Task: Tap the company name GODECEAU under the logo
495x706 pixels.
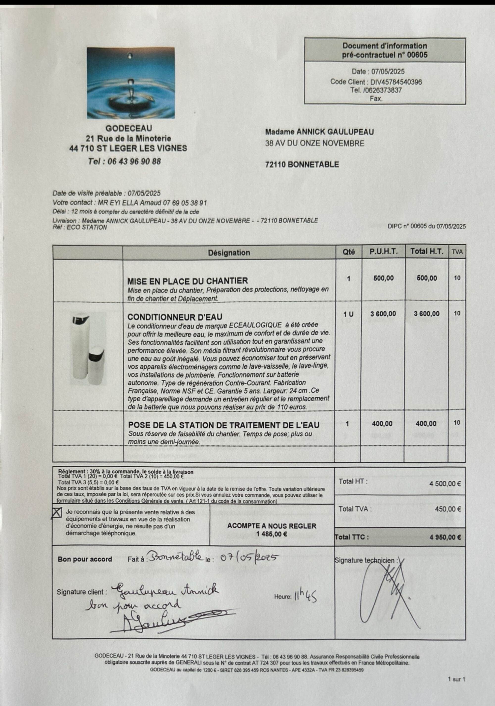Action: [x=129, y=128]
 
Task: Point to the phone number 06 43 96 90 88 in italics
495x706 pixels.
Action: [x=134, y=161]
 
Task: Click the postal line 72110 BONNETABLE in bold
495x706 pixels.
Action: [x=302, y=165]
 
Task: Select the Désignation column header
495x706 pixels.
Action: [x=229, y=253]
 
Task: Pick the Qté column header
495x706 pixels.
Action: [x=349, y=252]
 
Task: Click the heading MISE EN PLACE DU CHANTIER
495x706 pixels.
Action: [x=188, y=281]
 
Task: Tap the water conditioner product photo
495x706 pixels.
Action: [x=88, y=349]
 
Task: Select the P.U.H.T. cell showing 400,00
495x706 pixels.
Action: [x=382, y=424]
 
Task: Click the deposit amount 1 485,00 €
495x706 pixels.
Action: [x=272, y=534]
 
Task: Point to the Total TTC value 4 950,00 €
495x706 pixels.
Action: [x=445, y=537]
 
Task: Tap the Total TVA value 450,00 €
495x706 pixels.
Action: [x=448, y=509]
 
